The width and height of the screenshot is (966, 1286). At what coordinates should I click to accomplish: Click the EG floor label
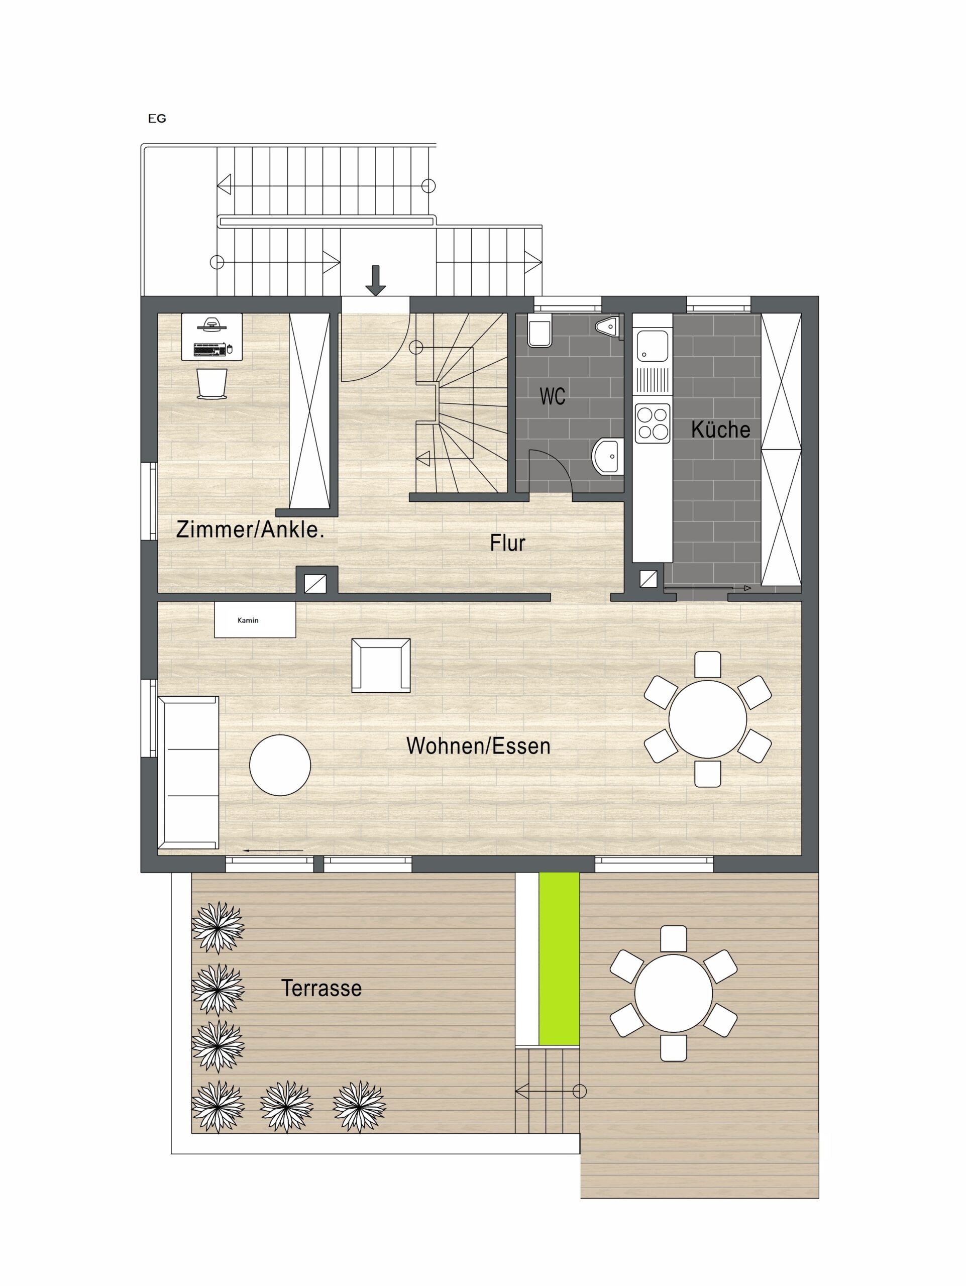coord(157,119)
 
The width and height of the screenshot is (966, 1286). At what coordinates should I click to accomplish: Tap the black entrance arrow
coord(375,280)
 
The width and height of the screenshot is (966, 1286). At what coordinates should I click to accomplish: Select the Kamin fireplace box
coord(255,620)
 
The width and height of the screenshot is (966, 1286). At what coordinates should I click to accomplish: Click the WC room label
coord(552,396)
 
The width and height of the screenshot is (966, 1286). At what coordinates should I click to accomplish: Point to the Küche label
coord(720,429)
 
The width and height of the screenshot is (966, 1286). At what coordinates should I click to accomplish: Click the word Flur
coord(507,543)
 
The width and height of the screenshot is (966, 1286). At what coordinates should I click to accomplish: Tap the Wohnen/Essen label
coord(478,746)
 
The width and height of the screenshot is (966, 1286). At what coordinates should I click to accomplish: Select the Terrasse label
coord(321,988)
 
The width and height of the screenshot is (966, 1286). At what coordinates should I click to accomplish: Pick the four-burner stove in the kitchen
coord(653,423)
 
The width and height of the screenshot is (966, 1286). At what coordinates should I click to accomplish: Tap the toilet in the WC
coord(540,332)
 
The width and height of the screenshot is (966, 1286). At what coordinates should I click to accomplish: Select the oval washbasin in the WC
coord(608,455)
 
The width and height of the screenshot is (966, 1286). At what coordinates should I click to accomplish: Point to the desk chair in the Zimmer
coord(211,384)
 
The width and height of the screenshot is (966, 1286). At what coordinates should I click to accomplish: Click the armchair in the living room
coord(381,666)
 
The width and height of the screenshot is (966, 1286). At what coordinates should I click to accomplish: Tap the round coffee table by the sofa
coord(280,765)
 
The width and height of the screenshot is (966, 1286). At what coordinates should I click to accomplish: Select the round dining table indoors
coord(707,719)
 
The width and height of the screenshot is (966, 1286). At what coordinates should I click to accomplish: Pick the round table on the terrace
coord(673,993)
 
